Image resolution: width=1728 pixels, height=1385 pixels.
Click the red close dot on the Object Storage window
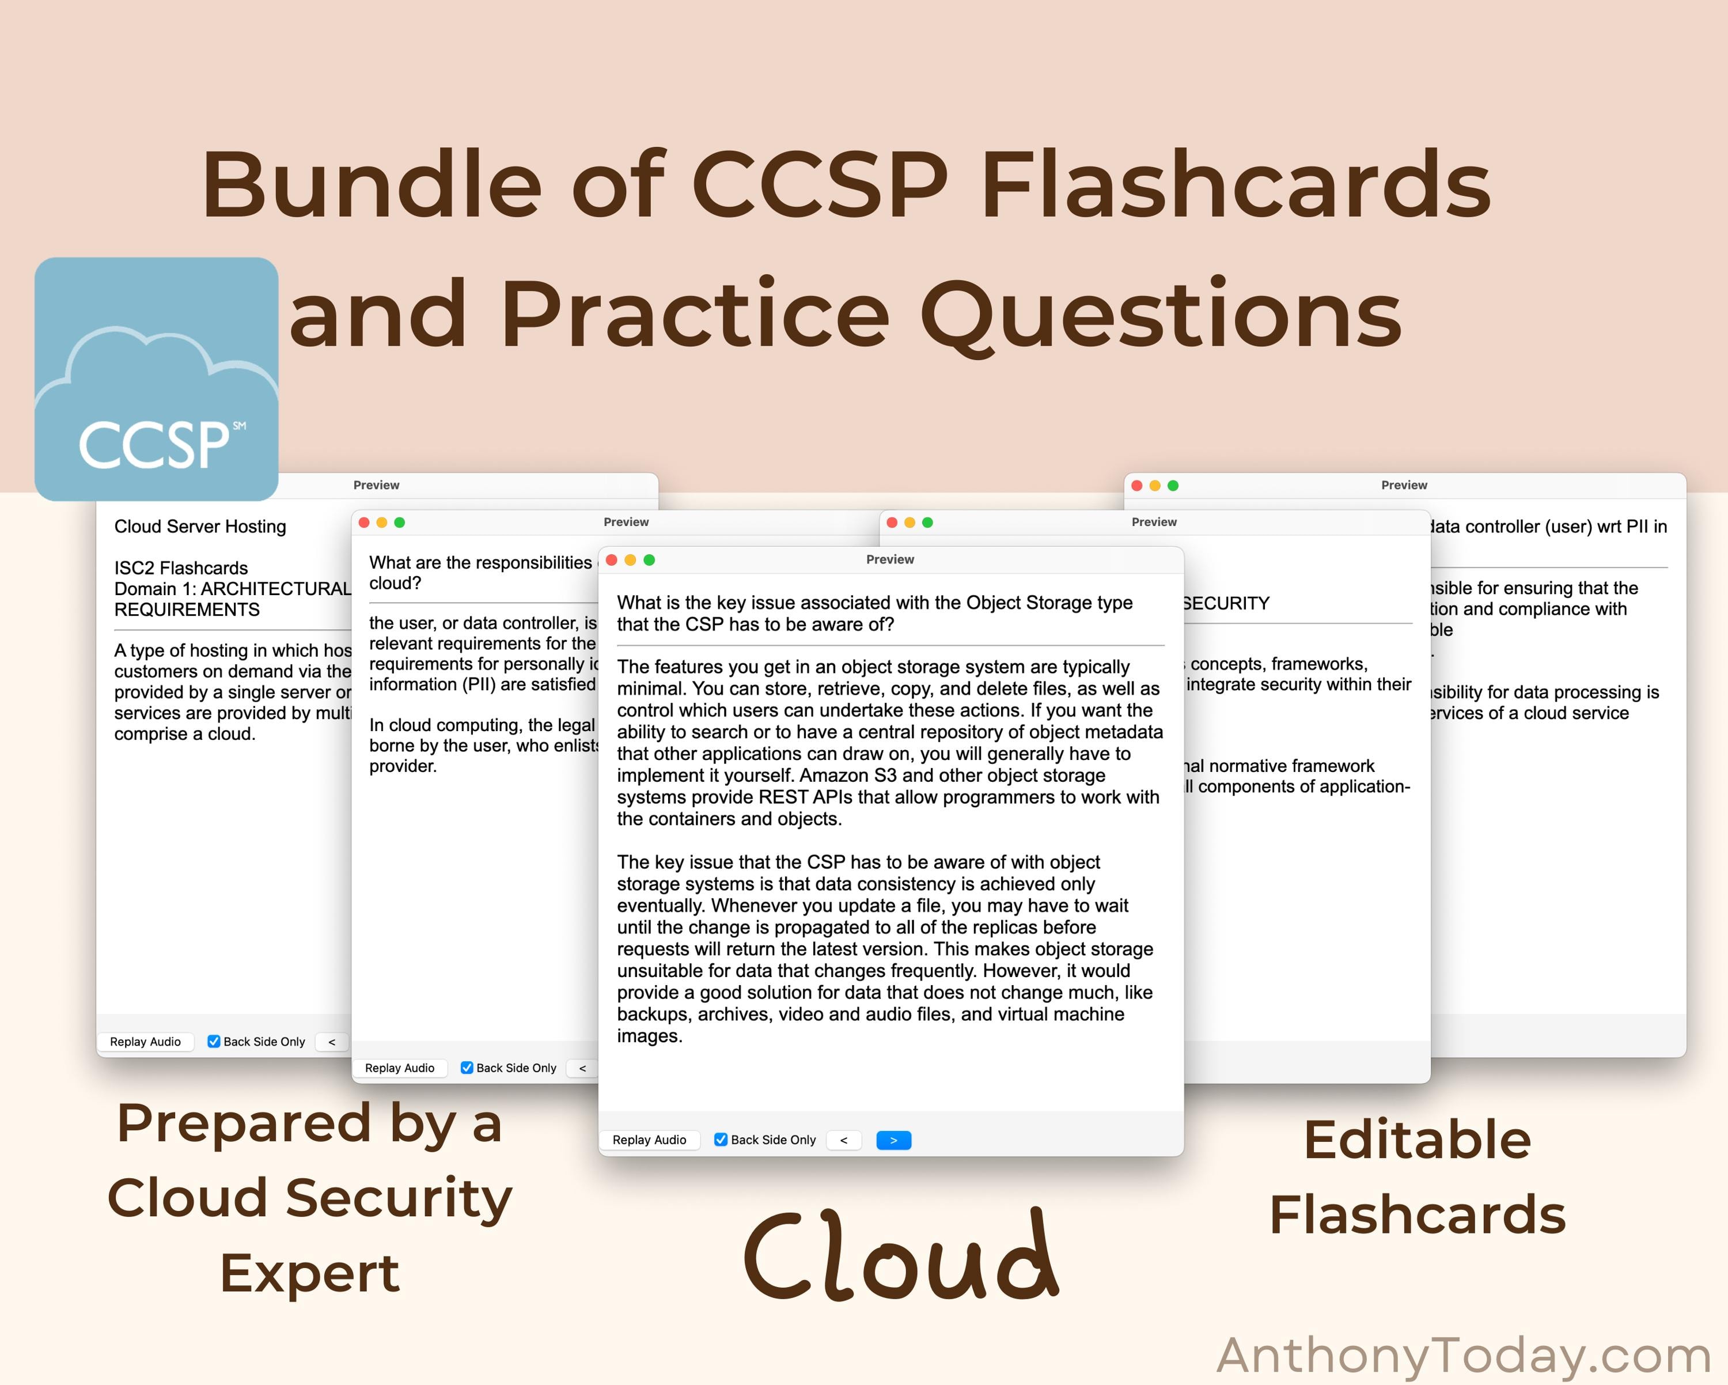click(x=612, y=559)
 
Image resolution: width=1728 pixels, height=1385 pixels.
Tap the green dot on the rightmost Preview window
click(x=1173, y=485)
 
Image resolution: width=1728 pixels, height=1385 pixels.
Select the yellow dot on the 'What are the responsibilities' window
click(x=381, y=522)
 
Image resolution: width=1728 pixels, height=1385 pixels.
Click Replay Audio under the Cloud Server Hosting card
click(x=145, y=1041)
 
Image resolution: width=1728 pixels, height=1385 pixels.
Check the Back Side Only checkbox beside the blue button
click(x=721, y=1139)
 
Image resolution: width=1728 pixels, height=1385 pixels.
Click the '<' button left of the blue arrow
click(x=843, y=1140)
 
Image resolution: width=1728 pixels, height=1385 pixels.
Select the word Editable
click(x=1417, y=1139)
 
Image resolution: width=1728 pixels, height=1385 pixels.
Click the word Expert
click(x=309, y=1273)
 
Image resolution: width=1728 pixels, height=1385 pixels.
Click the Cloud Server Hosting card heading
click(x=199, y=527)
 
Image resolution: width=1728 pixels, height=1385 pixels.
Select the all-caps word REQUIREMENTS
click(x=187, y=609)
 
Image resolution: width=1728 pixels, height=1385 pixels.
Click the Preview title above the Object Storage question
click(x=890, y=559)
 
